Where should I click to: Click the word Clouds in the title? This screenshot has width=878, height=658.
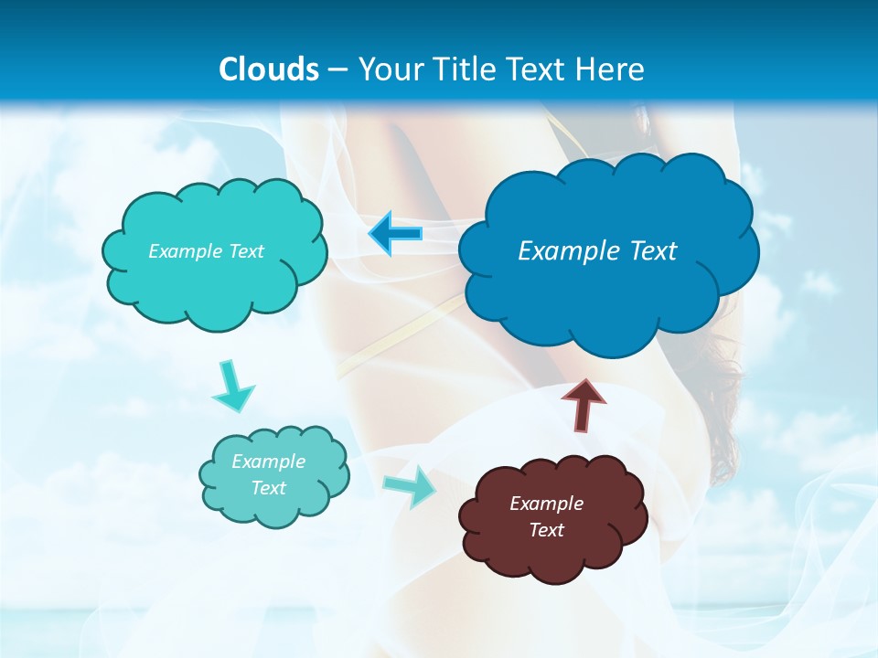pyautogui.click(x=269, y=69)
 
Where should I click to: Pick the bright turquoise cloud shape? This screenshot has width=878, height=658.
pyautogui.click(x=215, y=288)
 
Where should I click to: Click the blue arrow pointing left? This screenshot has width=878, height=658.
pyautogui.click(x=396, y=234)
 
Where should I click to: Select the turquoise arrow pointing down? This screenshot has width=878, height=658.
pyautogui.click(x=232, y=386)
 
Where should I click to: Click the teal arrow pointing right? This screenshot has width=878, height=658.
pyautogui.click(x=409, y=485)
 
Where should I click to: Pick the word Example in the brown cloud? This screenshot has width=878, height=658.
pyautogui.click(x=546, y=504)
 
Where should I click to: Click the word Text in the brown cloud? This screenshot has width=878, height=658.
pyautogui.click(x=546, y=530)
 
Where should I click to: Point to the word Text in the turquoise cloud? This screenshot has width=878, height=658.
pyautogui.click(x=245, y=250)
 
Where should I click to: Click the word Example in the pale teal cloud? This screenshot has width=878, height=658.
pyautogui.click(x=269, y=462)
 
